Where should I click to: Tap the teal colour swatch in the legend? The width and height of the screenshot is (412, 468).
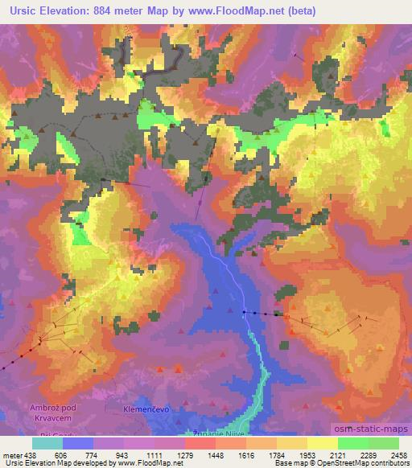[x=48, y=443]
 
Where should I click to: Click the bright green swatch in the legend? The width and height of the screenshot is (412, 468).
[x=353, y=443]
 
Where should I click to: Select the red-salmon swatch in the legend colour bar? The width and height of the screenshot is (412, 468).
[x=200, y=443]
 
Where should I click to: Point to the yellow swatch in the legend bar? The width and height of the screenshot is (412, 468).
[x=323, y=443]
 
